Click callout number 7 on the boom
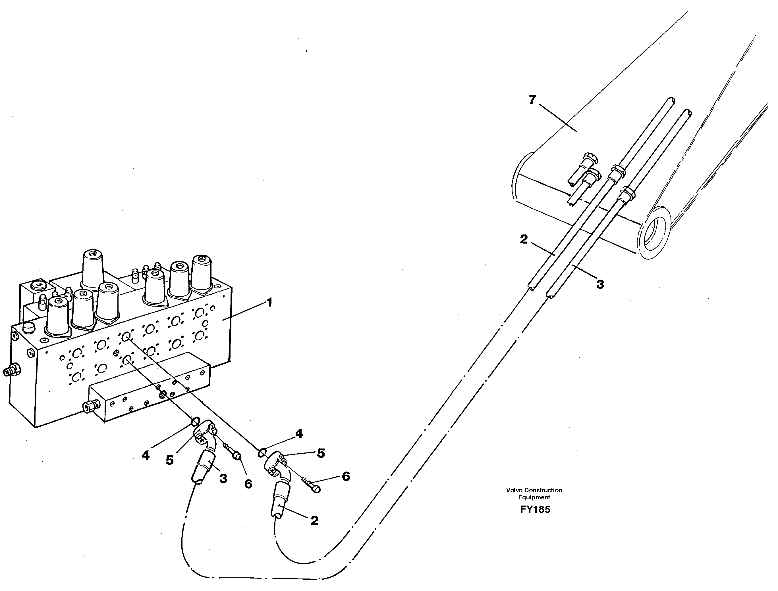click(532, 100)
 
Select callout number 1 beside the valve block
click(269, 303)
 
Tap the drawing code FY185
click(535, 509)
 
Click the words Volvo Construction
click(534, 490)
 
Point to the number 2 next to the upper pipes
click(524, 240)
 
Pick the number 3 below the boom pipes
click(600, 284)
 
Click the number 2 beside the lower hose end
click(314, 521)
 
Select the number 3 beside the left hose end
click(223, 478)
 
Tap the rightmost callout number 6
click(346, 477)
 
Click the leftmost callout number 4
click(146, 456)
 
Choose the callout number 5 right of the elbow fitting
click(321, 453)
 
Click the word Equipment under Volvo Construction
click(534, 497)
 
